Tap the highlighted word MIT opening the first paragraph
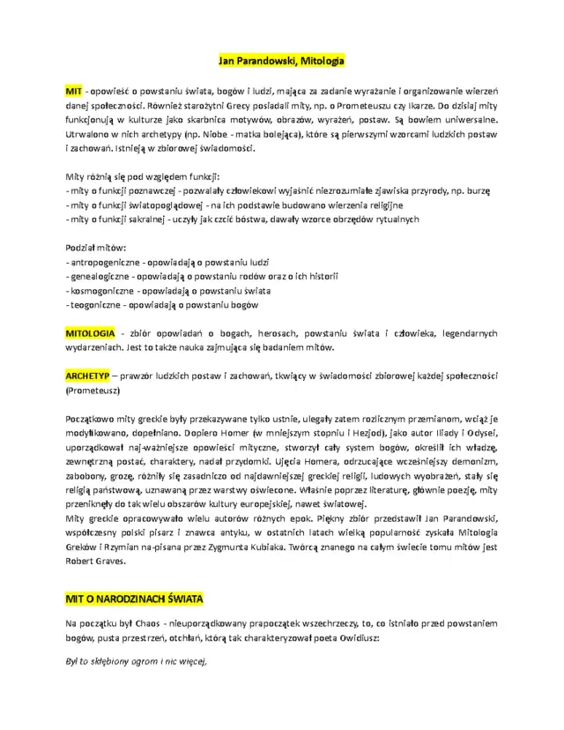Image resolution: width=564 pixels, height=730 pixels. (x=74, y=91)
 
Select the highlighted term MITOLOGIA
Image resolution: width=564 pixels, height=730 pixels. (x=90, y=333)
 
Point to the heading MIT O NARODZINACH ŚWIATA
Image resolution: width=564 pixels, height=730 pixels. (x=134, y=599)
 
